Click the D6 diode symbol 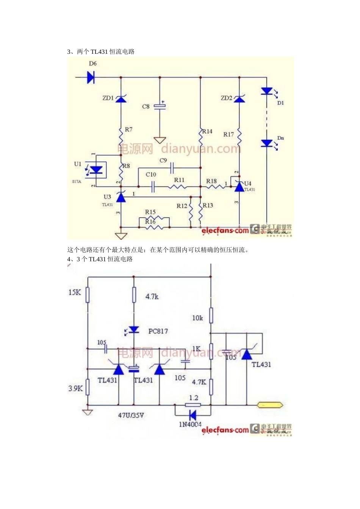click(x=91, y=78)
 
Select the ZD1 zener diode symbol click(x=121, y=99)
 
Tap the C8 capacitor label click(x=146, y=107)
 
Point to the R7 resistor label click(x=129, y=130)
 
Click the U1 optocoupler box click(x=98, y=170)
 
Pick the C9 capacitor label click(x=163, y=161)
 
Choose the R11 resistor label click(x=179, y=180)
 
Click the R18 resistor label click(x=211, y=181)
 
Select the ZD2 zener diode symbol click(x=239, y=99)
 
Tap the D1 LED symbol click(x=267, y=91)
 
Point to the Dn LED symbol click(x=267, y=144)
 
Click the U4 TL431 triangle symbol click(x=239, y=186)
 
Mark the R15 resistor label click(x=150, y=212)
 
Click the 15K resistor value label click(x=75, y=292)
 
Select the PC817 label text click(x=158, y=331)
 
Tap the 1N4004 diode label click(x=190, y=424)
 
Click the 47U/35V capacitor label click(x=131, y=415)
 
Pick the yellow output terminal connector click(x=270, y=405)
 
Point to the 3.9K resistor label click(x=75, y=388)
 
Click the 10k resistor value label click(x=197, y=318)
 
